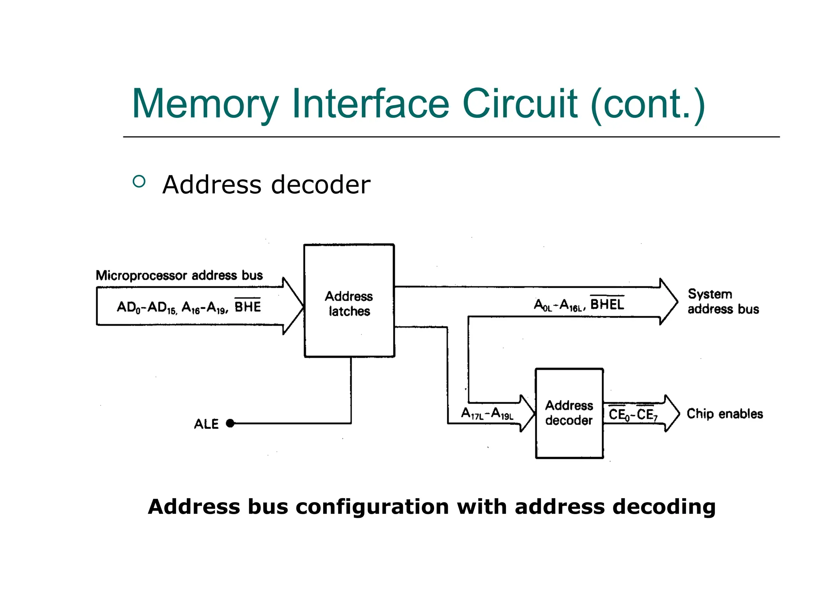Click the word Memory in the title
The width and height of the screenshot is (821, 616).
tap(205, 104)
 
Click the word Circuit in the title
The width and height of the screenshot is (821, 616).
tap(520, 104)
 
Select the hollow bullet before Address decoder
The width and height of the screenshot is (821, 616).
tap(139, 182)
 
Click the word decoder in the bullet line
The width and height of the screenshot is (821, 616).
tap(321, 185)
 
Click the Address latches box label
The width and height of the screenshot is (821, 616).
tap(349, 304)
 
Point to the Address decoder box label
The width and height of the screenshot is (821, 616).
tap(569, 413)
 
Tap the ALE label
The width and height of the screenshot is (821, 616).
tap(206, 424)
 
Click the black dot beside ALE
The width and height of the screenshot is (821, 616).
tap(230, 423)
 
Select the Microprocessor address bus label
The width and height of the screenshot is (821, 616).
tap(179, 276)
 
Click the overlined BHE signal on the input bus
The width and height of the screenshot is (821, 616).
tap(247, 307)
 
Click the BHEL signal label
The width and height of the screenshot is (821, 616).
tap(607, 304)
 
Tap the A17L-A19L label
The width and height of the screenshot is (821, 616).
tap(487, 413)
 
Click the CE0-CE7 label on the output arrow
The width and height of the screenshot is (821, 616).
tap(633, 414)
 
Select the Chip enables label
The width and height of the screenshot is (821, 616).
tap(724, 413)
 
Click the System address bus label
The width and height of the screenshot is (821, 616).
tap(723, 302)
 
